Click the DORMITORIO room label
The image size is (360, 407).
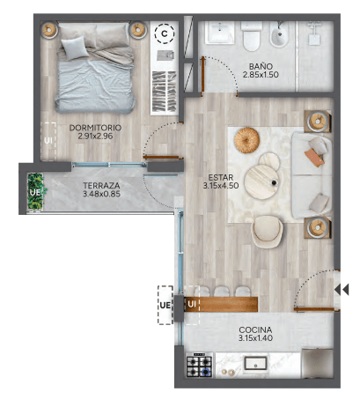point(95,128)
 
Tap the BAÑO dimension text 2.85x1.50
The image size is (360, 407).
point(261,75)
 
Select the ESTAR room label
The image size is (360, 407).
point(221,177)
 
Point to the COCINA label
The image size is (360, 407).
point(255,329)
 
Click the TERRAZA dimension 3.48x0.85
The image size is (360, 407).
point(101,194)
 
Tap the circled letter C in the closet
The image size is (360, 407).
point(165,33)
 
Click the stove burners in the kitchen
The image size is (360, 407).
point(199,366)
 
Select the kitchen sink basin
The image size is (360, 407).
point(255,364)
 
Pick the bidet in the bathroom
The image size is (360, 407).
point(279,34)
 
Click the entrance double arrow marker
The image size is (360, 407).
point(342,290)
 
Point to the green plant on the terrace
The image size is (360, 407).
point(36,191)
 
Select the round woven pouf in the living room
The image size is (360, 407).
point(247,140)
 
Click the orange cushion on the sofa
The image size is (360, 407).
point(314,158)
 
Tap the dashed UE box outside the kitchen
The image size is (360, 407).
point(165,305)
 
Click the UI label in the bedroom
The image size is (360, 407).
point(48,141)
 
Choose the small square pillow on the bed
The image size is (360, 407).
point(75,48)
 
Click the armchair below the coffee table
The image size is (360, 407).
point(267,232)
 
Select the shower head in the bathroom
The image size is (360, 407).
point(314,33)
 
